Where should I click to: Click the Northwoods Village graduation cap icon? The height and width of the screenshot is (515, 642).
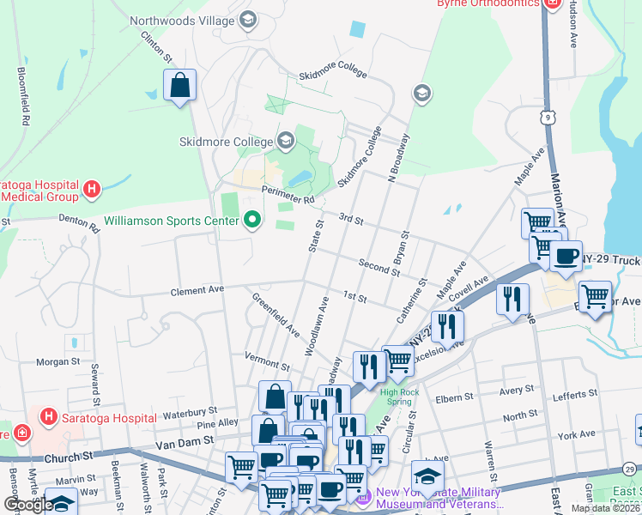click(x=248, y=20)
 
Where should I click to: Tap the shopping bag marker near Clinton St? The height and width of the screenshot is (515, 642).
click(x=180, y=85)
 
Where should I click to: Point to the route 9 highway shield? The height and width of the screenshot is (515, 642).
click(x=547, y=116)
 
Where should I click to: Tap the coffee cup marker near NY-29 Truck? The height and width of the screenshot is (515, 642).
click(x=566, y=256)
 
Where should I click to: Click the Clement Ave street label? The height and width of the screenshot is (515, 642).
click(x=197, y=290)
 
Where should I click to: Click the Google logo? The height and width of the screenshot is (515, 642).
click(x=27, y=505)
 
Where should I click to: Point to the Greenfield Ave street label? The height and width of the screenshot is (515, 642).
click(x=276, y=314)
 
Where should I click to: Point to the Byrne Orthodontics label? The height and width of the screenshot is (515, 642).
click(x=488, y=3)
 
